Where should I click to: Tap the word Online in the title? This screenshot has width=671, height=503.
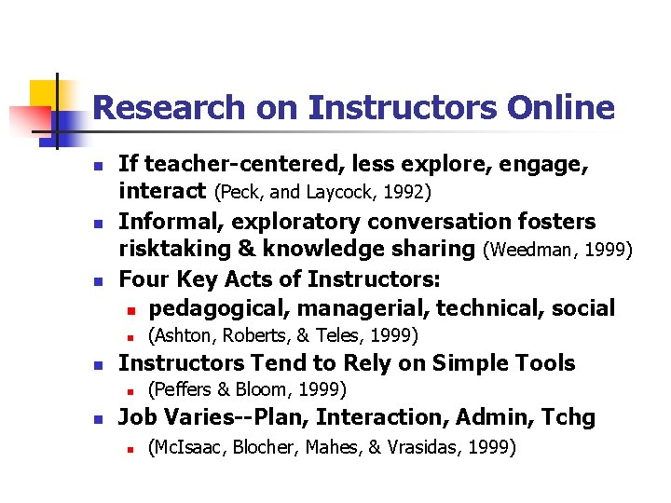[561, 108]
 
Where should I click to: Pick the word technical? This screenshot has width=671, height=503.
[490, 307]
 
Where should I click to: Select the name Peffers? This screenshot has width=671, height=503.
[185, 389]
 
